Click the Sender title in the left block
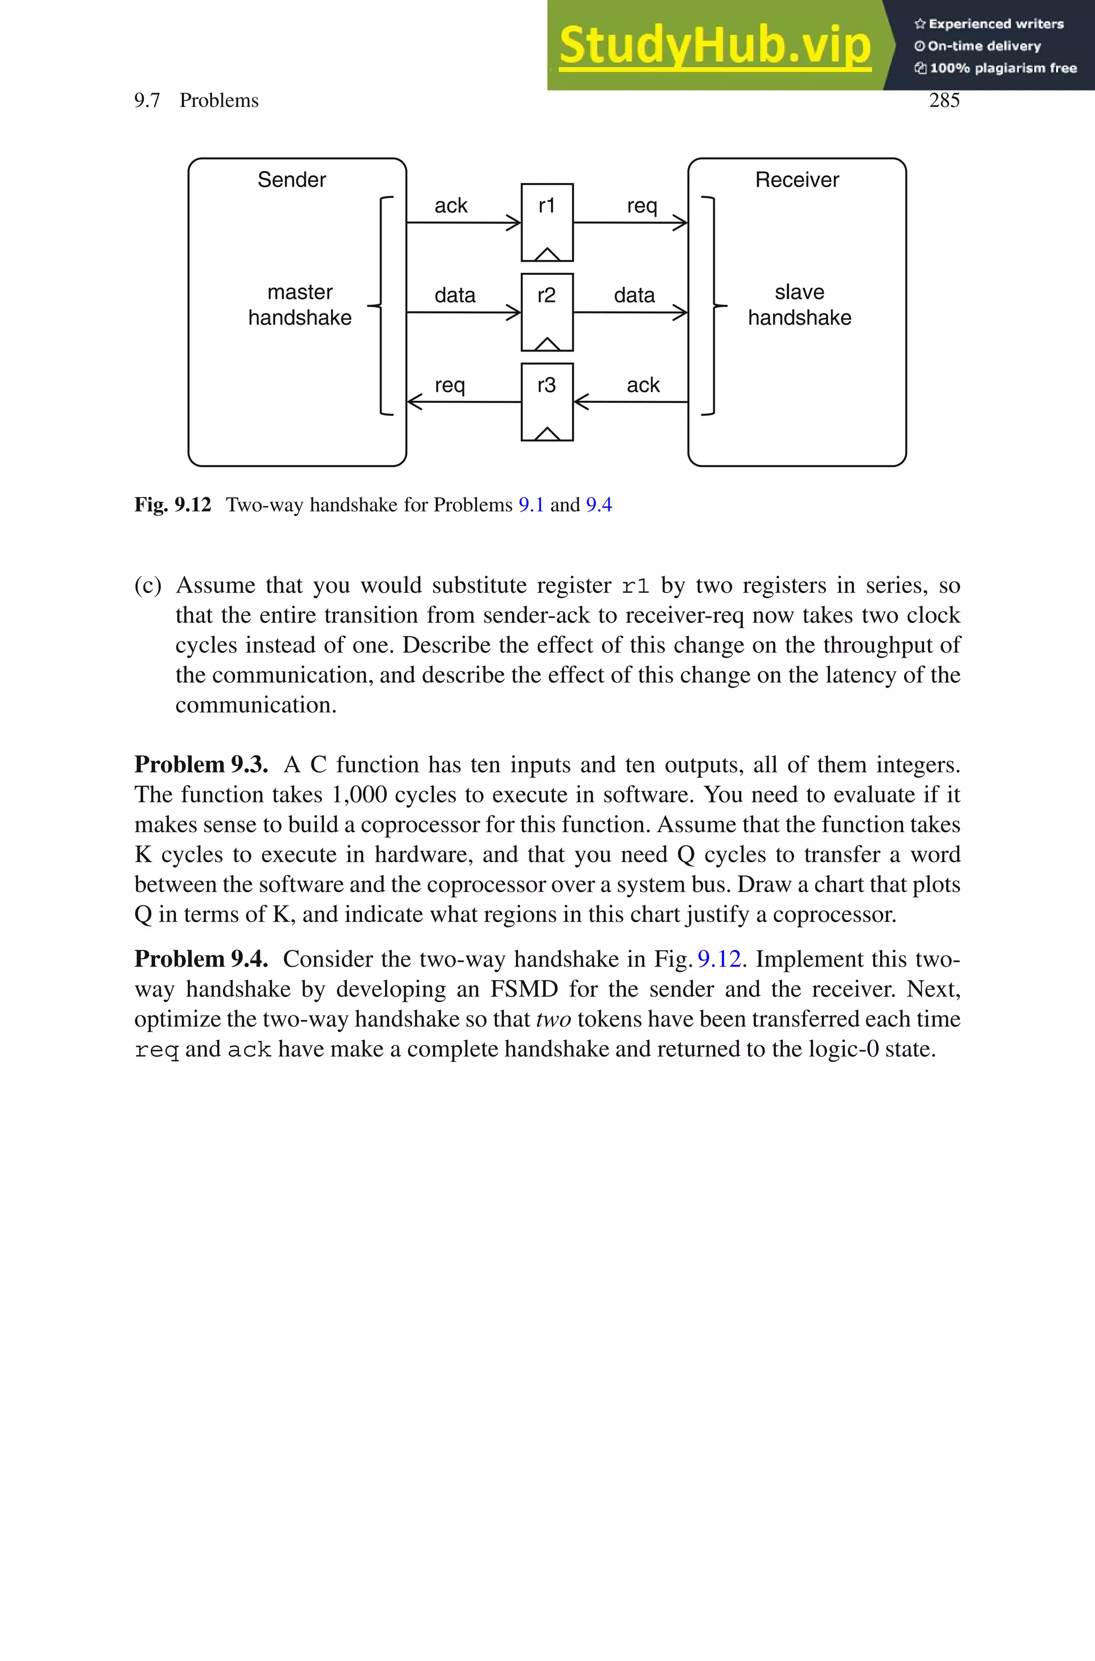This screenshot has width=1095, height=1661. pyautogui.click(x=291, y=180)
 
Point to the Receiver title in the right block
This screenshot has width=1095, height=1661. pyautogui.click(x=797, y=180)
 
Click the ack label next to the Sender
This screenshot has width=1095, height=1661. pyautogui.click(x=450, y=205)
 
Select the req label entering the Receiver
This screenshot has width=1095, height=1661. pyautogui.click(x=642, y=205)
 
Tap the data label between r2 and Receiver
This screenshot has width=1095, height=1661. pyautogui.click(x=634, y=295)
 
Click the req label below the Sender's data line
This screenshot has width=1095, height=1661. pyautogui.click(x=450, y=385)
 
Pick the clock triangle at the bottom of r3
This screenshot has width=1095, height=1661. pyautogui.click(x=547, y=434)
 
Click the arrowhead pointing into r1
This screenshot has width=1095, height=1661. pyautogui.click(x=513, y=223)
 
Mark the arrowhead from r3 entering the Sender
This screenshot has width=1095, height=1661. pyautogui.click(x=415, y=402)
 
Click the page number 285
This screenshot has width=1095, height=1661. pyautogui.click(x=944, y=100)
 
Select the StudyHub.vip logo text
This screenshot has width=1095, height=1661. pyautogui.click(x=714, y=45)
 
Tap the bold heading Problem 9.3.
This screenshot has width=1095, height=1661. pyautogui.click(x=201, y=764)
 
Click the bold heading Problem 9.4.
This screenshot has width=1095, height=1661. pyautogui.click(x=201, y=958)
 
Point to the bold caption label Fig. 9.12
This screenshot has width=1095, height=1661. pyautogui.click(x=173, y=504)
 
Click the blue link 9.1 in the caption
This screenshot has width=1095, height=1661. pyautogui.click(x=531, y=504)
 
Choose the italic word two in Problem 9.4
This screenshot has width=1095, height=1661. pyautogui.click(x=553, y=1019)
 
